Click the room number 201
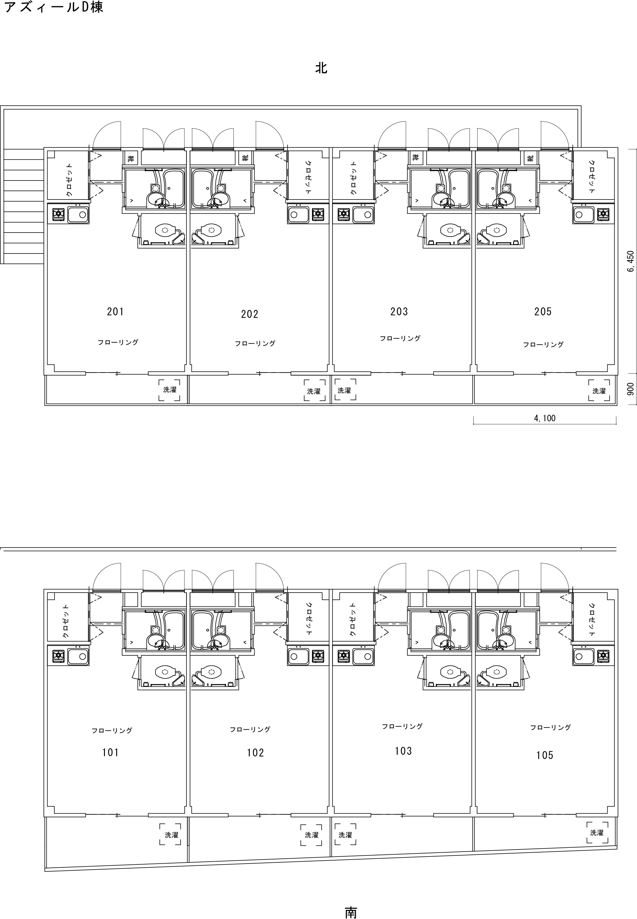coord(115,311)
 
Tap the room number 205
coord(543,311)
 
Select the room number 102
coord(255,753)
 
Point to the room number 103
coord(403,751)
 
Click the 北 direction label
coord(321,68)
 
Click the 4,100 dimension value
coord(545,418)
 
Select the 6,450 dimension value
coord(630,262)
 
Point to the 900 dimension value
coord(630,389)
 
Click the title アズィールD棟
coord(53,7)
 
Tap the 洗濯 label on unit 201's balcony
coord(170,389)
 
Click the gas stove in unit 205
coord(603,214)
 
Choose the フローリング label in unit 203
coord(400,338)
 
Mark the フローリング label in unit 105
coord(550,727)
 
